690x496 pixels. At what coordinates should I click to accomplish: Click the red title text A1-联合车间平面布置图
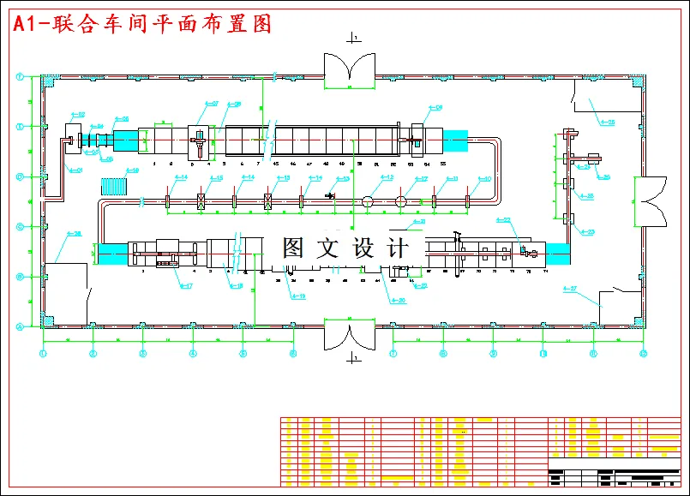click(x=142, y=24)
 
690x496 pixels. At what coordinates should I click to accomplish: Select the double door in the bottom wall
click(x=350, y=334)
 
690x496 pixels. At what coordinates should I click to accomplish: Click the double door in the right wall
click(x=649, y=201)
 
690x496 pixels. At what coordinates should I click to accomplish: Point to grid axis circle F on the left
click(x=20, y=77)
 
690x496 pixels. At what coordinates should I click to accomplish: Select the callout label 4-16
click(x=131, y=170)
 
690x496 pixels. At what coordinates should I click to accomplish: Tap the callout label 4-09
click(x=434, y=108)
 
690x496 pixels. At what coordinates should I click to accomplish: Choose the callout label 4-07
click(x=210, y=104)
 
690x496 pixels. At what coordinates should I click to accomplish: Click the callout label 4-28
click(x=607, y=123)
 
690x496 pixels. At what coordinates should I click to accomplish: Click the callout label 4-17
click(x=184, y=286)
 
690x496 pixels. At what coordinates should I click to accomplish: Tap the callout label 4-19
click(x=297, y=296)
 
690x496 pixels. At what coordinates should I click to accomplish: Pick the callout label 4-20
click(x=397, y=299)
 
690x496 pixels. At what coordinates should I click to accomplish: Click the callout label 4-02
click(x=77, y=114)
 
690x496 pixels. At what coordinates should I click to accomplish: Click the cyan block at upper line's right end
click(x=454, y=141)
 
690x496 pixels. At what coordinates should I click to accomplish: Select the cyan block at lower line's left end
click(x=111, y=254)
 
